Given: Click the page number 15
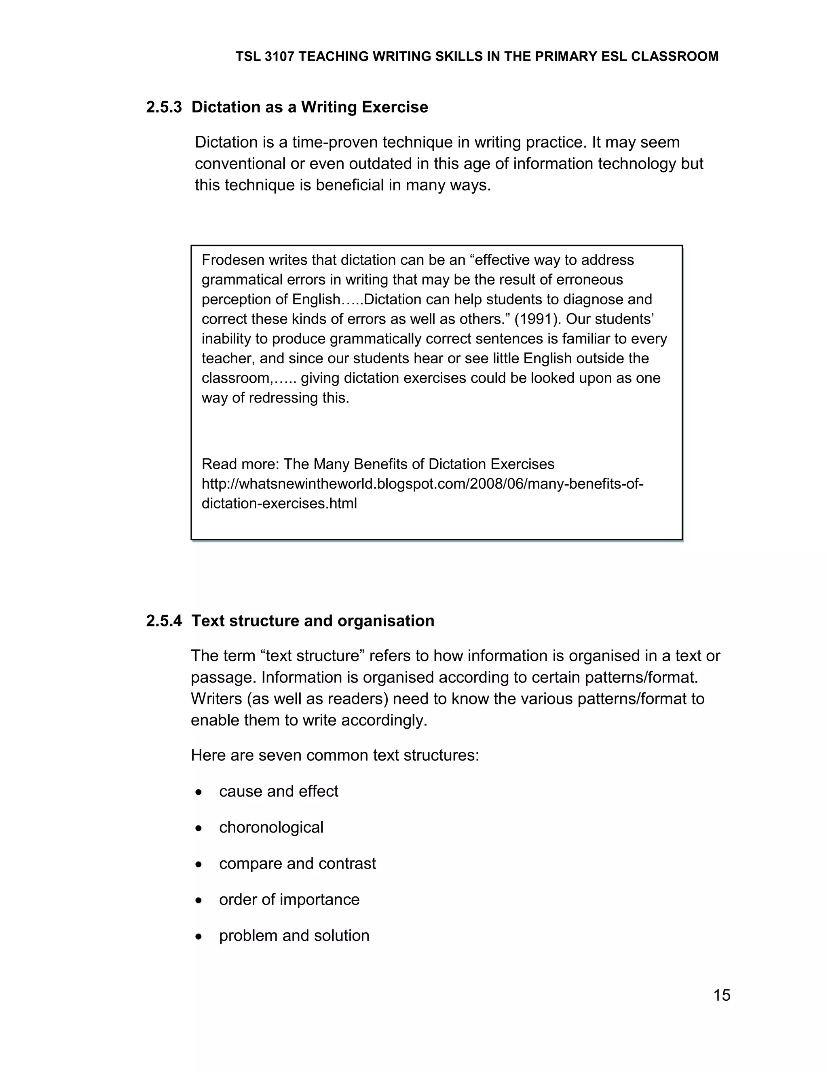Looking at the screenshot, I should tap(722, 995).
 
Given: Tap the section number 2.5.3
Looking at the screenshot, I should tap(164, 107).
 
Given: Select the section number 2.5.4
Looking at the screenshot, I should tap(164, 621).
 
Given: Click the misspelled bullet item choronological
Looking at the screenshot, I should tap(271, 827).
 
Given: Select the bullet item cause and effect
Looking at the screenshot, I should tap(278, 791).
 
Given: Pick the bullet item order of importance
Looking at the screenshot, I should tap(289, 899).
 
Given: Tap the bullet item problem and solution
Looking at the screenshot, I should tap(294, 935).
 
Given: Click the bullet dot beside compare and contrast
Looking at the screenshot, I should tap(198, 864).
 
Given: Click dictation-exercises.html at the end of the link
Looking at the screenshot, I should tap(279, 504).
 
